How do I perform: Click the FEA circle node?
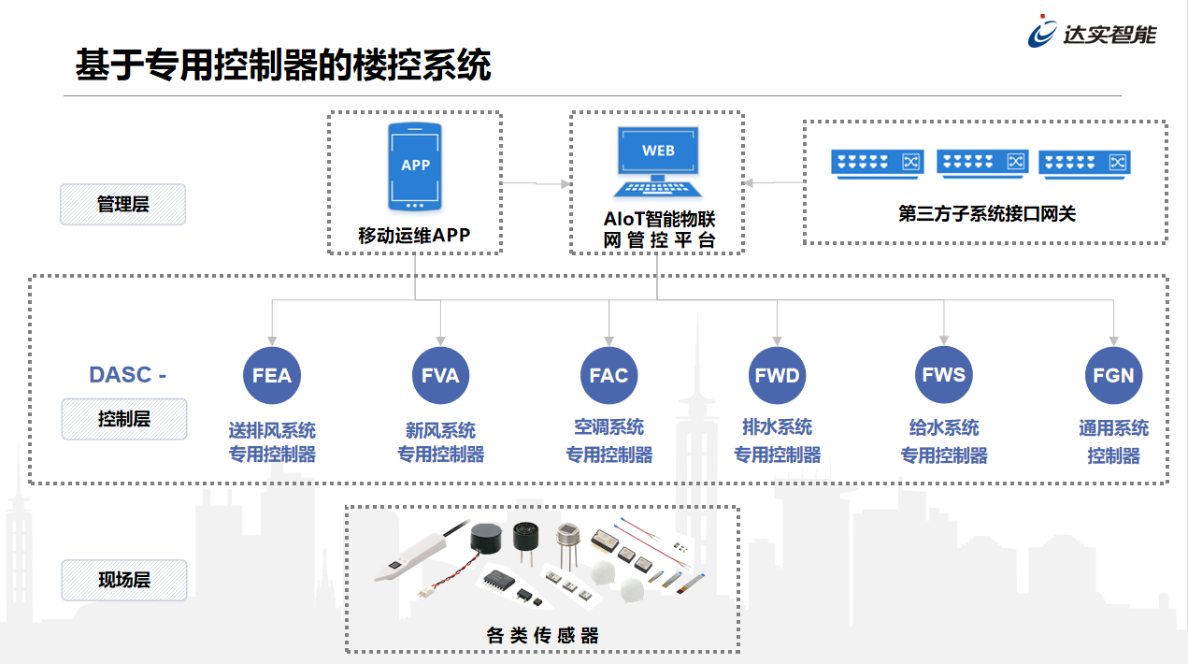[272, 375]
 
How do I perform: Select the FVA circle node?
[440, 375]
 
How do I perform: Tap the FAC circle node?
[608, 375]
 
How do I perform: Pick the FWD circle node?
[777, 375]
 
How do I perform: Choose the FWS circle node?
[944, 374]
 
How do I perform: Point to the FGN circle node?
[1113, 375]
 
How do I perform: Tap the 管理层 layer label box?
[123, 204]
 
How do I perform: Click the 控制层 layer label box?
[123, 419]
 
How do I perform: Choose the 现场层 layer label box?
[123, 580]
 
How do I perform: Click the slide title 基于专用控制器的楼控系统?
[282, 65]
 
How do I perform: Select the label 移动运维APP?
[414, 236]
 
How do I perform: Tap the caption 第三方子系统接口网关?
[987, 214]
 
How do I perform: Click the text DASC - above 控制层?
[127, 375]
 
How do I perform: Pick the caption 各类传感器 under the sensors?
[542, 635]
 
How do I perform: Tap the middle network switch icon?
[981, 163]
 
